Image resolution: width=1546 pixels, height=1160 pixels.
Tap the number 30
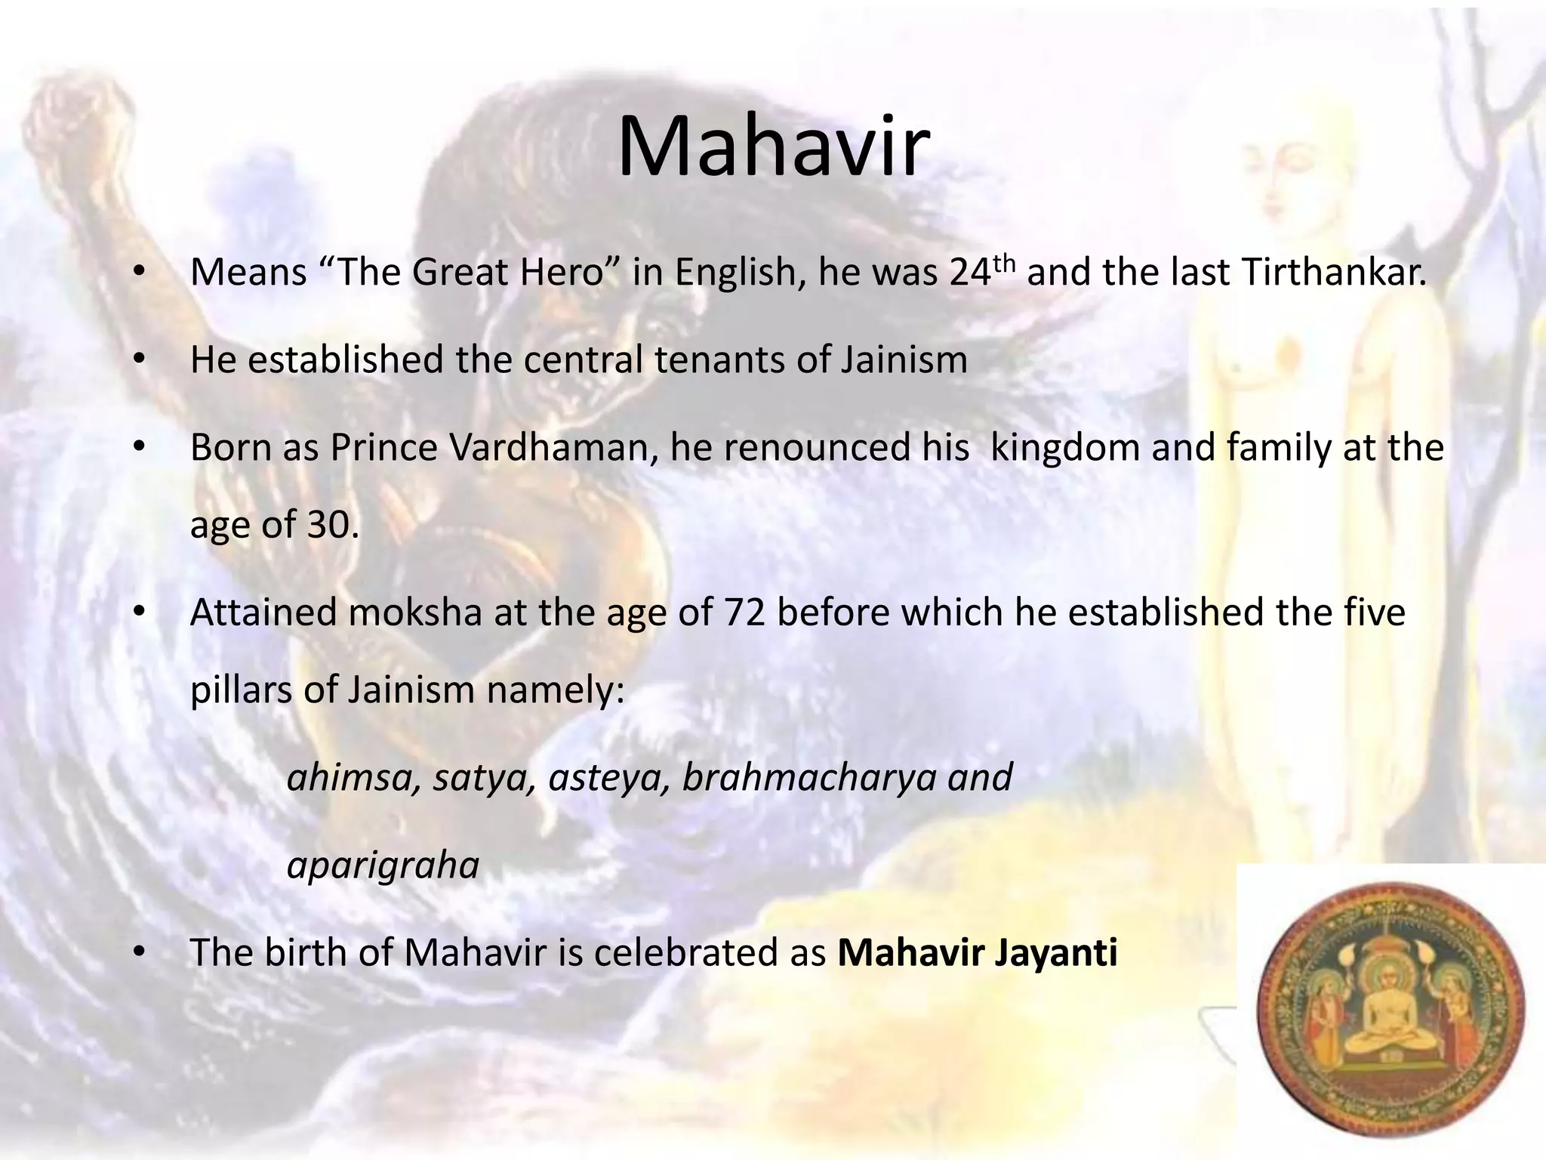click(332, 524)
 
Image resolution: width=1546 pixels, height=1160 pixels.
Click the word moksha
click(415, 612)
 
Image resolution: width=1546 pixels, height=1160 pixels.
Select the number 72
click(745, 612)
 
